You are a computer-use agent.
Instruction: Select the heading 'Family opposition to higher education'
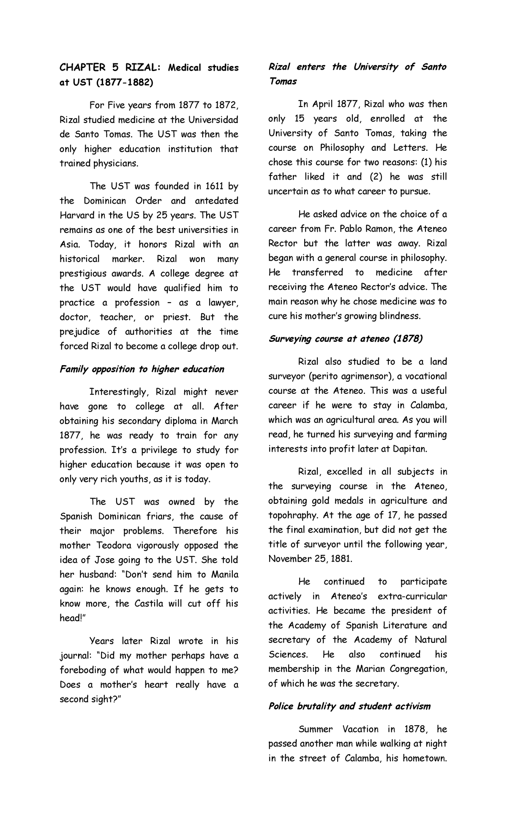(142, 369)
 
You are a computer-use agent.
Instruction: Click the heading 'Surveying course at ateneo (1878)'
(346, 339)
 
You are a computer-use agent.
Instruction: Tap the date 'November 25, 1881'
(310, 559)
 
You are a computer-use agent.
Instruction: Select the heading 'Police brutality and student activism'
(349, 707)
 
